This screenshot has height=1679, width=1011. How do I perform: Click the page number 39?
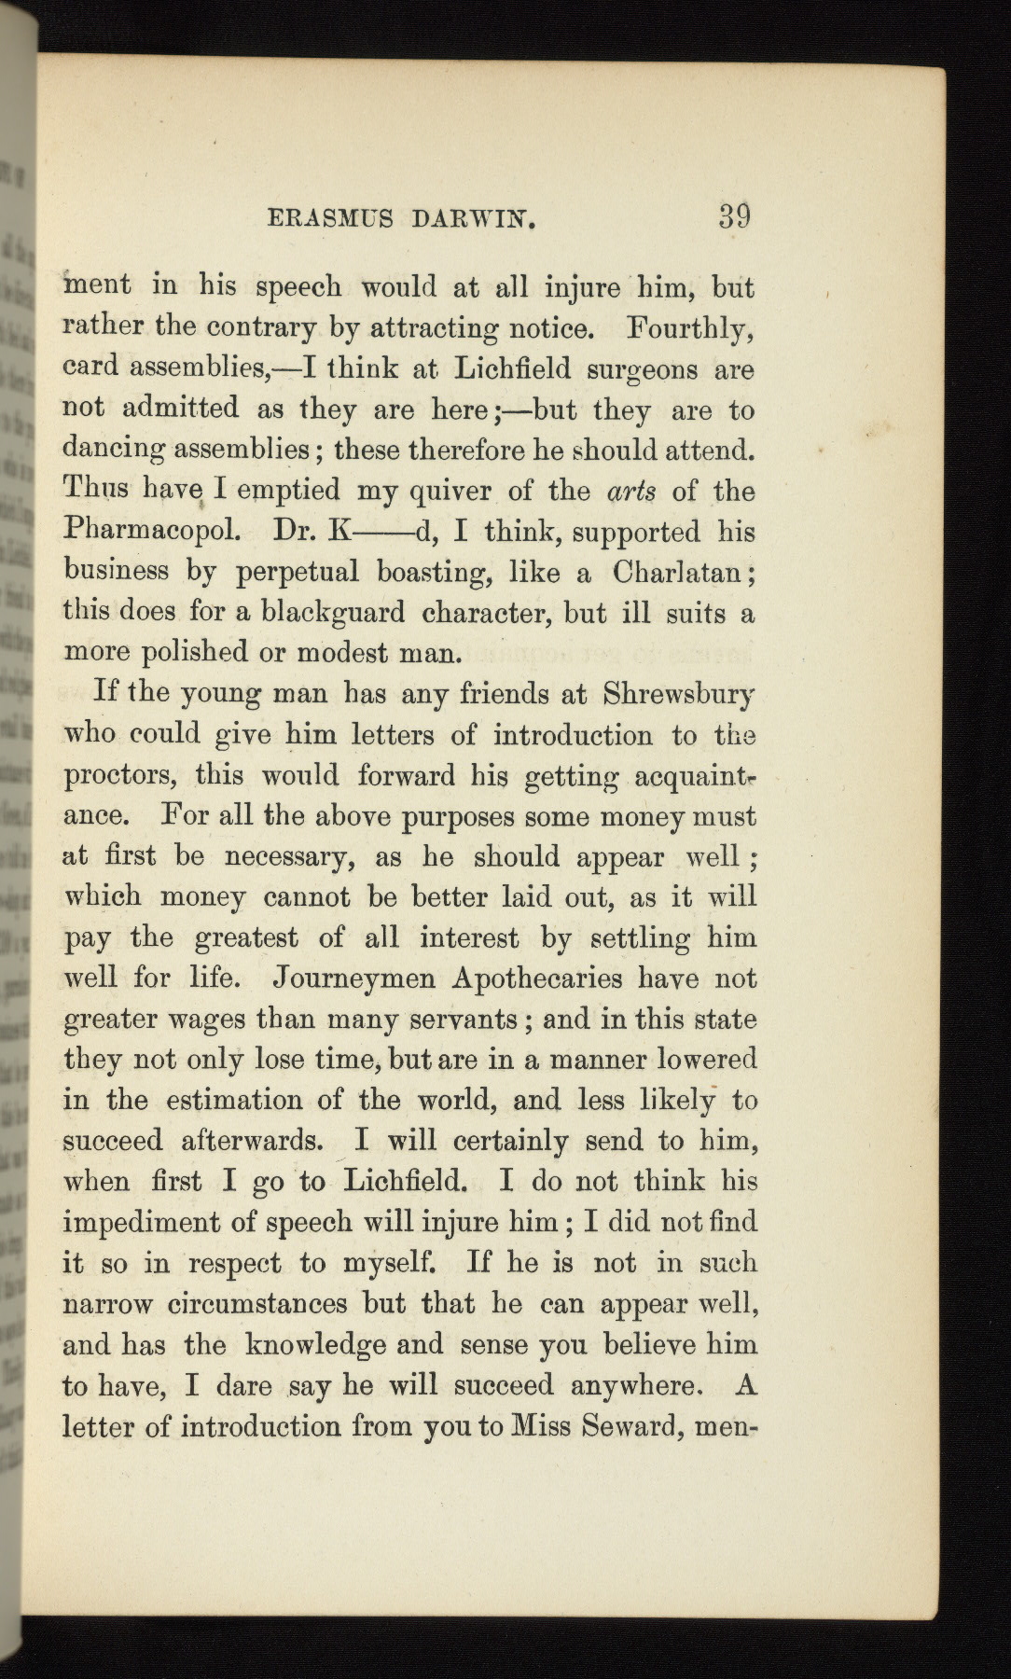[734, 216]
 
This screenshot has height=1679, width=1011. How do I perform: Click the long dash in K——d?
[381, 534]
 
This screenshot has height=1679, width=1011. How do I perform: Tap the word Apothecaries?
[537, 978]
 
